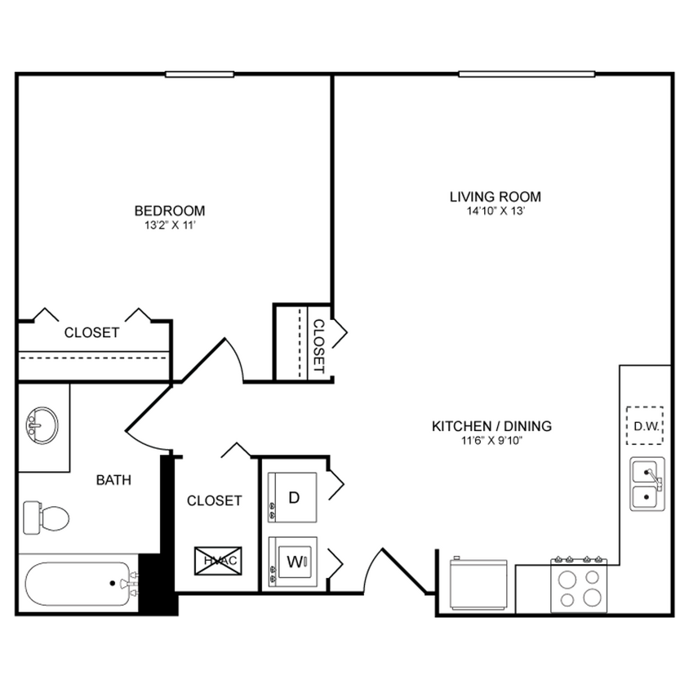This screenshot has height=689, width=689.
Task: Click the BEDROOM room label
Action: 170,211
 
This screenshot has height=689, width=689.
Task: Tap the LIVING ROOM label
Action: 495,197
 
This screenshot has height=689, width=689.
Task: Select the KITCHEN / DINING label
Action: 491,426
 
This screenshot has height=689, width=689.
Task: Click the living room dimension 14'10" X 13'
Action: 495,211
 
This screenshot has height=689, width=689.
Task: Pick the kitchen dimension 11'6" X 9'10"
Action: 491,441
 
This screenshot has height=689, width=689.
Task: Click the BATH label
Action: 113,480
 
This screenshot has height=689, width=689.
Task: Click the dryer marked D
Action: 293,497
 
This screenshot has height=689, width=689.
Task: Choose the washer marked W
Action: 293,562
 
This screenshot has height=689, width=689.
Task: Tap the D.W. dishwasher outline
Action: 644,425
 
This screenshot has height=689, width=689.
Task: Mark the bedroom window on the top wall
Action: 199,75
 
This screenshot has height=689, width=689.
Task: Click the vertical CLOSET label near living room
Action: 318,345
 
